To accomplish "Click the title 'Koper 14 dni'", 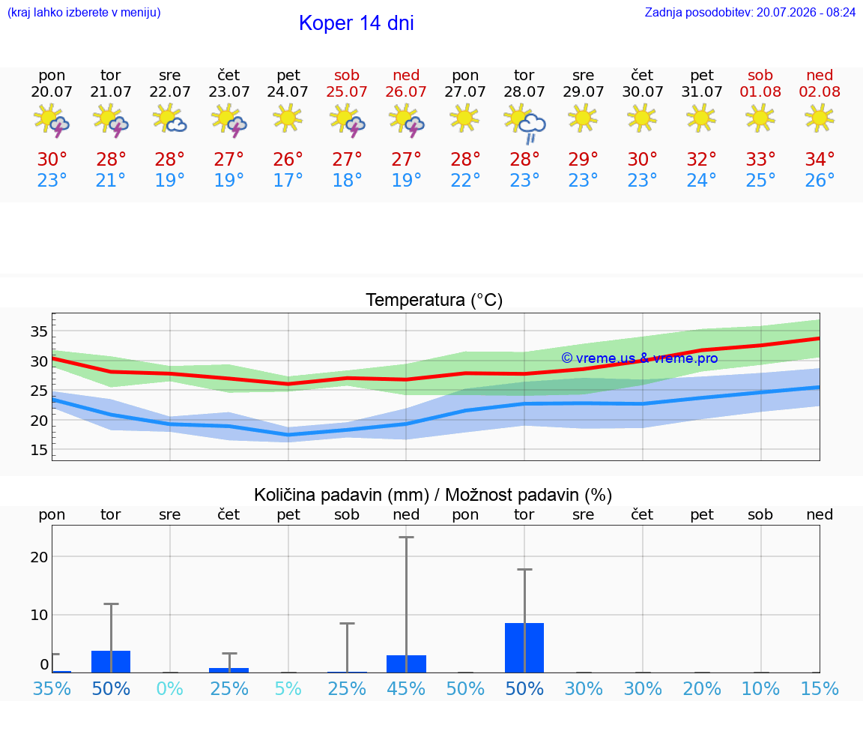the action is point(356,23).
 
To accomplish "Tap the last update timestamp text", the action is point(750,12).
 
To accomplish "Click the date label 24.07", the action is point(288,91).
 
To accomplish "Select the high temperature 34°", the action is point(820,159).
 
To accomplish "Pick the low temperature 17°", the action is point(288,180).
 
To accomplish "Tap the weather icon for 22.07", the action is point(169,119).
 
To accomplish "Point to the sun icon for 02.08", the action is point(820,118).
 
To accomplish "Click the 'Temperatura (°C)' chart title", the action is point(434,300).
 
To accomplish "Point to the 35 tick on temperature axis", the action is point(39,331).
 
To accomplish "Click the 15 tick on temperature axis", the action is point(39,450).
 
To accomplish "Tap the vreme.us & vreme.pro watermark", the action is point(640,358).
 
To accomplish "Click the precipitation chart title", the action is point(433,495).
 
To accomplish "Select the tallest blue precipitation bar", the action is point(524,648).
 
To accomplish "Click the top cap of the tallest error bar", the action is point(406,537).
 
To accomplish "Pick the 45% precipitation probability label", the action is point(406,688).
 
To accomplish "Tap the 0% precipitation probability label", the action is point(169,688).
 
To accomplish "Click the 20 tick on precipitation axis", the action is point(39,557).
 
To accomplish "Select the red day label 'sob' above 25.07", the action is point(347,75).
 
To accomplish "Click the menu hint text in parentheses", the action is point(84,12).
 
